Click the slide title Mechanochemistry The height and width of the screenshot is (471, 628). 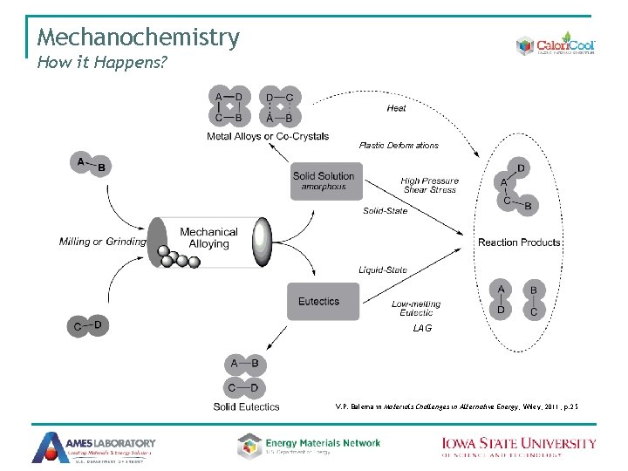(x=138, y=38)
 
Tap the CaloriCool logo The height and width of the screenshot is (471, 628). (x=554, y=45)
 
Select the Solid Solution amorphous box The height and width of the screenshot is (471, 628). (x=324, y=181)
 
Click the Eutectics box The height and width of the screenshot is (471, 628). (x=319, y=302)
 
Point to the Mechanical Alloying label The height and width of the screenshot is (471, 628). (x=208, y=238)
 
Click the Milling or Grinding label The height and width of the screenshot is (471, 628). (x=103, y=242)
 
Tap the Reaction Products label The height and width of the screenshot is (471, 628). (x=519, y=242)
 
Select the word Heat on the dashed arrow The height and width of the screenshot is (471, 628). (x=396, y=109)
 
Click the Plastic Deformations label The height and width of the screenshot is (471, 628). (x=399, y=145)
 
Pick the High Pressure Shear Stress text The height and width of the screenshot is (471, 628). (x=429, y=186)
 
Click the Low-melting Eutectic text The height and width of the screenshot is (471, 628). (x=416, y=308)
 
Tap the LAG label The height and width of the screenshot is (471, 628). (x=422, y=328)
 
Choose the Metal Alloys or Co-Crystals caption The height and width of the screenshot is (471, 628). (x=268, y=137)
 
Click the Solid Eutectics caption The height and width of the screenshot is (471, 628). (x=247, y=406)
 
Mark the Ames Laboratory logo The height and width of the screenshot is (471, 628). (x=94, y=447)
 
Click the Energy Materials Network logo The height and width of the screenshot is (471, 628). (x=309, y=446)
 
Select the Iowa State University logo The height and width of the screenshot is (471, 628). (x=518, y=447)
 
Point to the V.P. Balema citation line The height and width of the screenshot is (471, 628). (x=456, y=406)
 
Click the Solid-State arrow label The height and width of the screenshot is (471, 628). (x=385, y=211)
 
